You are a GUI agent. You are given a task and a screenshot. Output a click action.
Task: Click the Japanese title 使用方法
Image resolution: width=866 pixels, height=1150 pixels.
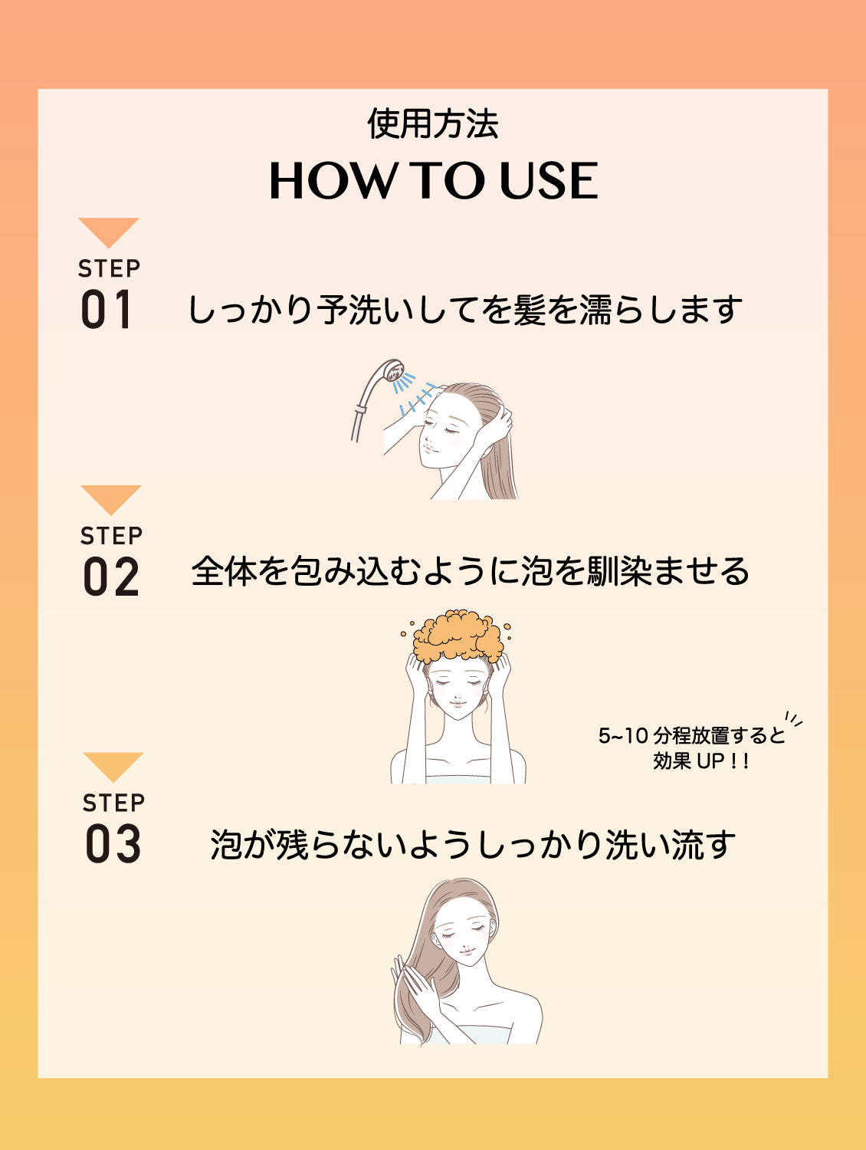pyautogui.click(x=433, y=124)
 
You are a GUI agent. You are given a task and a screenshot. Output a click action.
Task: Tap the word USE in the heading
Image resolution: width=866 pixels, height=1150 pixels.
pyautogui.click(x=548, y=182)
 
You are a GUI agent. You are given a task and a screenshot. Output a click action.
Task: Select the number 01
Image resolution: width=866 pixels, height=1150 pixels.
pyautogui.click(x=107, y=310)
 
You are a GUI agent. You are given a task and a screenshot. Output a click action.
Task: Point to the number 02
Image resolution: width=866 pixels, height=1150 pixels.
pyautogui.click(x=111, y=577)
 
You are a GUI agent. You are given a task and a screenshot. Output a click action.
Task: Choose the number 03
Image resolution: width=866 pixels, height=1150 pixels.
pyautogui.click(x=113, y=844)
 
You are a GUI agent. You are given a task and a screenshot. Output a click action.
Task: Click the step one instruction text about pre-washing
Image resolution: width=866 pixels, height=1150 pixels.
pyautogui.click(x=464, y=310)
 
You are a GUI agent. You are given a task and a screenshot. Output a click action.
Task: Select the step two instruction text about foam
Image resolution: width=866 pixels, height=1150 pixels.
pyautogui.click(x=470, y=572)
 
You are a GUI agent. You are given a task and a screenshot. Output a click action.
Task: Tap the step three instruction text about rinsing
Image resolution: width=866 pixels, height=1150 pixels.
pyautogui.click(x=473, y=845)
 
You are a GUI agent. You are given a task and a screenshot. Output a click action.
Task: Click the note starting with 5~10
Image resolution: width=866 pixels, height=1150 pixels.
pyautogui.click(x=691, y=736)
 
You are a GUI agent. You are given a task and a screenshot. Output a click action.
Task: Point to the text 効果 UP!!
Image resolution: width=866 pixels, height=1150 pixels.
pyautogui.click(x=700, y=761)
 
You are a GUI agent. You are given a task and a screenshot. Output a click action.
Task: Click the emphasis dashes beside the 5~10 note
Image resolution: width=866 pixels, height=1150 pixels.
pyautogui.click(x=794, y=720)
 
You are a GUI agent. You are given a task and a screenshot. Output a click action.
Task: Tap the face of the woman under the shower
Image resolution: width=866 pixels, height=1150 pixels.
pyautogui.click(x=441, y=433)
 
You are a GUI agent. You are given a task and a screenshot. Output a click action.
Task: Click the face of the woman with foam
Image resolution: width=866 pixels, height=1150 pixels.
pyautogui.click(x=458, y=690)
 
